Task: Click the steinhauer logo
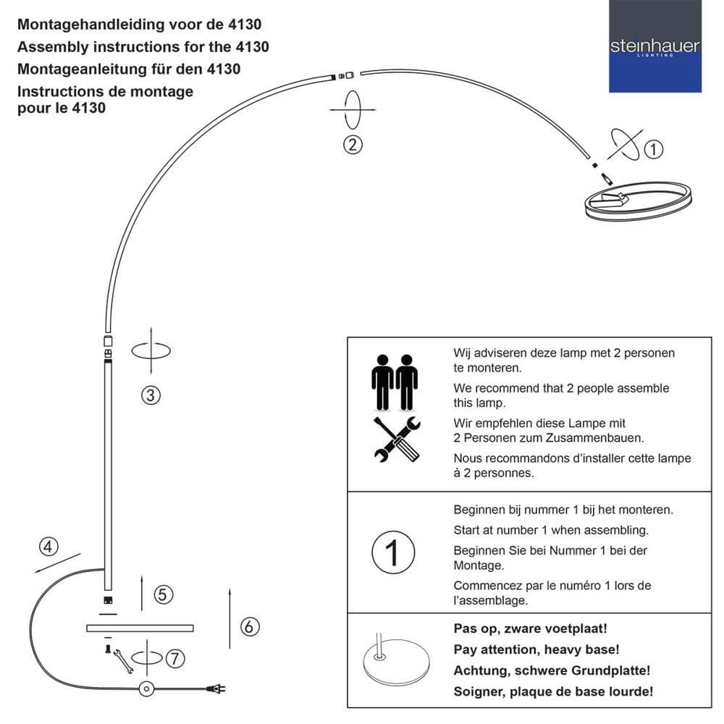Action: (654, 48)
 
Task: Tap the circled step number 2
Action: (353, 144)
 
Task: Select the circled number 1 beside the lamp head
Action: (653, 150)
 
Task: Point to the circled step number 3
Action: (151, 395)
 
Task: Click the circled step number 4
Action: (49, 547)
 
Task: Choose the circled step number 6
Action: (248, 626)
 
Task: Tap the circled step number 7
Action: (175, 658)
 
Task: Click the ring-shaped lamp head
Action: (639, 201)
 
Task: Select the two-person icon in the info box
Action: (395, 381)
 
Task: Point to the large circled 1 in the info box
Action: (393, 552)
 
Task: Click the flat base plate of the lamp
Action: (140, 628)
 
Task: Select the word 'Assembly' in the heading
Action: (46, 47)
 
